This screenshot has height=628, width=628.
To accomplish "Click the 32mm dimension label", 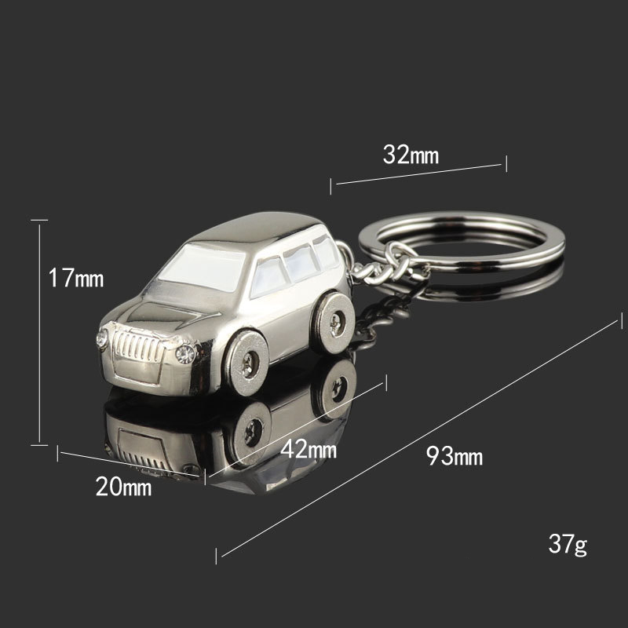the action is [x=411, y=154].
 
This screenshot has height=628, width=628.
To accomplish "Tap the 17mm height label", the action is [x=76, y=278].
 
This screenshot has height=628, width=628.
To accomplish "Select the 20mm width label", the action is [x=123, y=487].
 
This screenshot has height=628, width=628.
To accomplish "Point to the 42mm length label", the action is [x=309, y=449].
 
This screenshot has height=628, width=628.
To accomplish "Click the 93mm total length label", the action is [x=455, y=456].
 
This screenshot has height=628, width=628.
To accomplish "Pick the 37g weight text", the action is [x=568, y=544].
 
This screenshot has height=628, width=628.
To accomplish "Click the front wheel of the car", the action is [x=246, y=363].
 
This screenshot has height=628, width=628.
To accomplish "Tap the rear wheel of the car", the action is [x=334, y=323].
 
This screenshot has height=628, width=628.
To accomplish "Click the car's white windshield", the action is [x=203, y=267].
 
